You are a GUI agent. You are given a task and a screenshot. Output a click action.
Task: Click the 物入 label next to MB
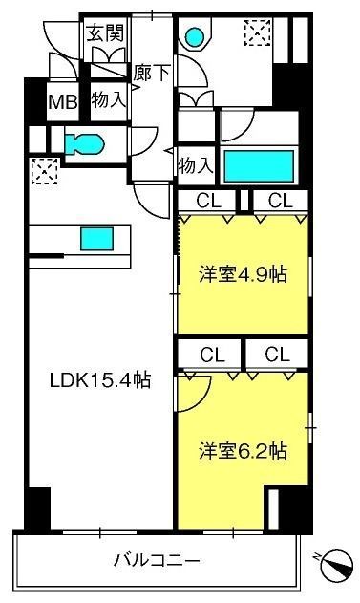[106, 99]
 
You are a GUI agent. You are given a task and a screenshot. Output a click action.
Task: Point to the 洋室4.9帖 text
[243, 274]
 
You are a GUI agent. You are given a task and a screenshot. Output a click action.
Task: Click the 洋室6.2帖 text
[244, 449]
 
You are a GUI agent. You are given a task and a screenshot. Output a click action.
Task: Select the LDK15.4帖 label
[99, 379]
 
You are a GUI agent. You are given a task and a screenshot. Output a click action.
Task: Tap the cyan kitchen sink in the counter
[95, 238]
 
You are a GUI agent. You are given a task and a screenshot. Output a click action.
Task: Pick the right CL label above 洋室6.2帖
[277, 355]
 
